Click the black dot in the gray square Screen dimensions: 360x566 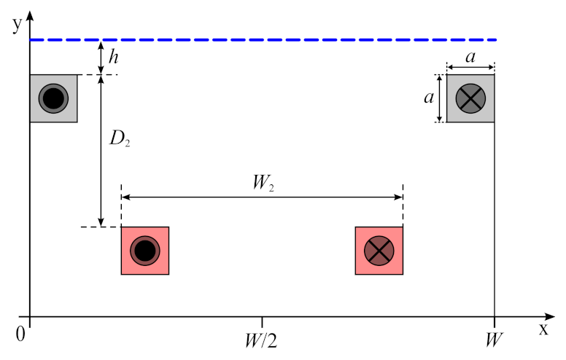[53, 98]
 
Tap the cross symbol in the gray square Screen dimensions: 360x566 [470, 98]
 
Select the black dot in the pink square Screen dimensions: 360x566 [144, 251]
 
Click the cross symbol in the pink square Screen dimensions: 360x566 [379, 251]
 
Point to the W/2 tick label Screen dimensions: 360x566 [262, 340]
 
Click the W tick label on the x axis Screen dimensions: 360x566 [495, 340]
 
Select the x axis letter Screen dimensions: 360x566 [543, 329]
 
